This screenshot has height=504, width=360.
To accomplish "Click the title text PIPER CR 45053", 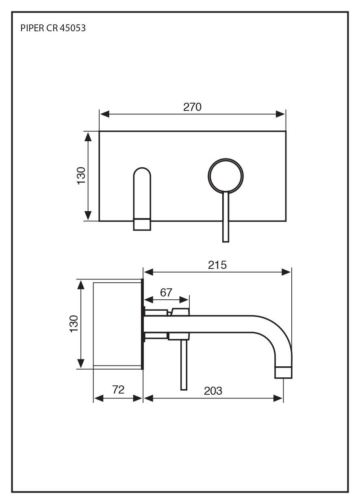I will click(53, 28).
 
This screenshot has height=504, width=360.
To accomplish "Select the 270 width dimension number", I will click(192, 107).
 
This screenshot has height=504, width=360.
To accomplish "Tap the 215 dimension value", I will click(217, 265).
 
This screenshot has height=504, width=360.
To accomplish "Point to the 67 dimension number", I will click(166, 292).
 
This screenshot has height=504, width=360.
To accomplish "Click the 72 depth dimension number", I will click(118, 389).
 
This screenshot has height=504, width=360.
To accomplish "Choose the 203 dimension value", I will click(213, 391).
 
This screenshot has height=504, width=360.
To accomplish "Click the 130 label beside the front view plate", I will click(81, 176).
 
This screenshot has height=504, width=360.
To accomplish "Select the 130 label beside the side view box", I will click(74, 324).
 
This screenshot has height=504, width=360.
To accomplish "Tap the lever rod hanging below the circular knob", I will click(226, 217).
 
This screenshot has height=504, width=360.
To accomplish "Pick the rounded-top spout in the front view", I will click(142, 193).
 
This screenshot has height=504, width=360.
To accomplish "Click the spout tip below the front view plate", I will click(142, 225).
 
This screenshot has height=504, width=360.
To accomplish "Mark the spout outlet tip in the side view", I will click(283, 372).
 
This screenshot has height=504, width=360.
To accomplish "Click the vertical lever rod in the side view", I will click(184, 365).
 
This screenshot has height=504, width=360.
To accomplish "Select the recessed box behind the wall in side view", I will click(117, 324).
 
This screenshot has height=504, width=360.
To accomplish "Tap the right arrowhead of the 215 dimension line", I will click(287, 272).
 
